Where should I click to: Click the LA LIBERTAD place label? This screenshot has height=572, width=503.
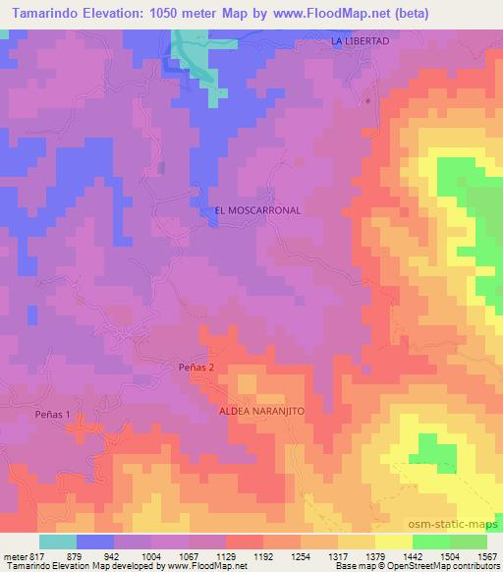pyautogui.click(x=361, y=41)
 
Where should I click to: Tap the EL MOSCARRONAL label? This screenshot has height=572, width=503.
pyautogui.click(x=257, y=210)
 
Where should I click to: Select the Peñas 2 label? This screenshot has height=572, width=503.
pyautogui.click(x=196, y=367)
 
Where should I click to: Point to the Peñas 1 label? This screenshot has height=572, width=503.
pyautogui.click(x=53, y=415)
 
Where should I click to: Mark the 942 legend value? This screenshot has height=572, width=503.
pyautogui.click(x=115, y=556)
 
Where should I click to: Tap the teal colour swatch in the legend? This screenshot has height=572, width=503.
pyautogui.click(x=57, y=542)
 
